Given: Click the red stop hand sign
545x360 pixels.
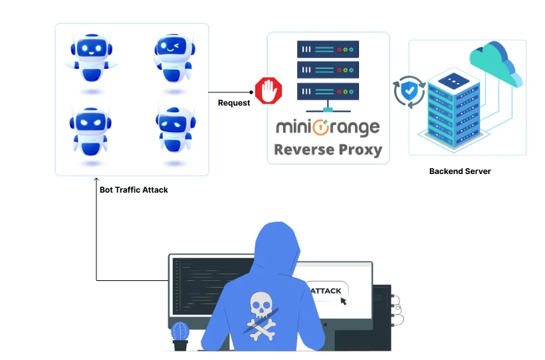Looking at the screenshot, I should pyautogui.click(x=269, y=90).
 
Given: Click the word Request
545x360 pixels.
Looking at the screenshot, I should pyautogui.click(x=234, y=103).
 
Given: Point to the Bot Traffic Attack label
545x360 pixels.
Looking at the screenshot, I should pyautogui.click(x=134, y=190).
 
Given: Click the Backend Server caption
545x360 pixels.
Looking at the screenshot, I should pyautogui.click(x=460, y=171).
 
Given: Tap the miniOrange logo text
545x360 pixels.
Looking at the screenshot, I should pyautogui.click(x=328, y=126).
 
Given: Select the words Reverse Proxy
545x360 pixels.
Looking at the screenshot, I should pyautogui.click(x=328, y=149).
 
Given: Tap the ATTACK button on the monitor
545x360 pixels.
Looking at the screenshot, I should pyautogui.click(x=326, y=290).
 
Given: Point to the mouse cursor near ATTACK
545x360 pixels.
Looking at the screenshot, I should pyautogui.click(x=344, y=301).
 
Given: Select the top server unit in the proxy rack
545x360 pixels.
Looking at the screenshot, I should pyautogui.click(x=328, y=49).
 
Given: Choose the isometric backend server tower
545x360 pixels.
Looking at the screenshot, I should pyautogui.click(x=453, y=110).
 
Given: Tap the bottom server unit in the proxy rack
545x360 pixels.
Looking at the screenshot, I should pyautogui.click(x=328, y=89).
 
